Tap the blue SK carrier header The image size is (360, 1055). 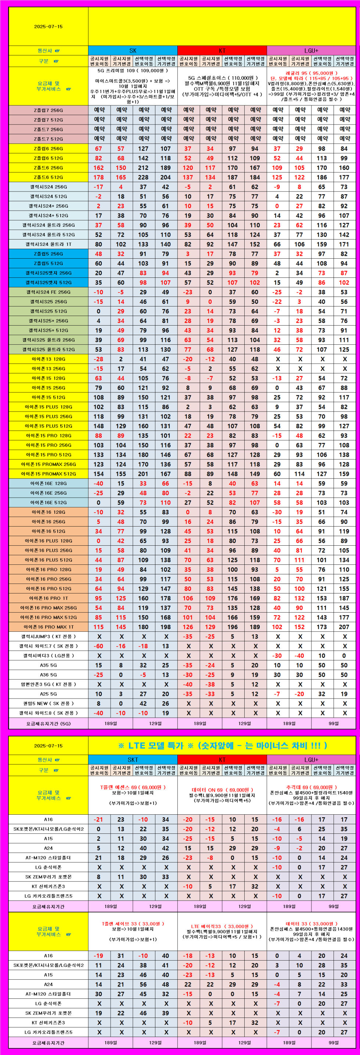click(133, 51)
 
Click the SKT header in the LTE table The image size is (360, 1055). click(133, 760)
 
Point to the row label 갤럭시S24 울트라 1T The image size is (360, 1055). click(48, 244)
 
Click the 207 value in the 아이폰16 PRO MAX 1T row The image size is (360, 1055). click(344, 627)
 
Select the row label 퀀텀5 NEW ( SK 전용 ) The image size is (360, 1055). click(48, 704)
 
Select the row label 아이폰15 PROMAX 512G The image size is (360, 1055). click(48, 474)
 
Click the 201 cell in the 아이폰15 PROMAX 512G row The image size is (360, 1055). click(143, 474)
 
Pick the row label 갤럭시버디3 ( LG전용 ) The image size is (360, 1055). click(48, 656)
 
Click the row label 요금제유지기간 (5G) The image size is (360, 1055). click(48, 724)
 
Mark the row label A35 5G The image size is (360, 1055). click(48, 665)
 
